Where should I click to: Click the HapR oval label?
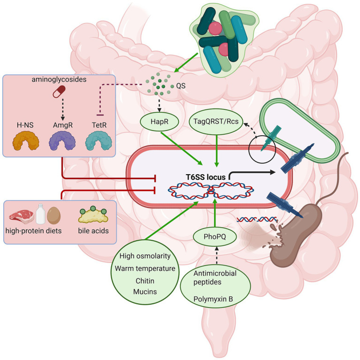159,122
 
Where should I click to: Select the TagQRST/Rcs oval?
216,122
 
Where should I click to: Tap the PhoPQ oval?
214,237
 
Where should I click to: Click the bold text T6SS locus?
206,177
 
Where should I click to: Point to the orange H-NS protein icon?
25,140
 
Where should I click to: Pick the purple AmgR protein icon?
62,140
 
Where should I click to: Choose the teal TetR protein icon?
99,140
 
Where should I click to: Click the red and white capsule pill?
59,92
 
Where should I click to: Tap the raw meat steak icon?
22,216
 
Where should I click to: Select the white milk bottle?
41,214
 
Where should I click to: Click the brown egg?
54,215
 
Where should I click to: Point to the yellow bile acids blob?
93,215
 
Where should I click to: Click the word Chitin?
145,281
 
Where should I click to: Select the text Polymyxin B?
213,299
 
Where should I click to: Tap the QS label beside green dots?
181,86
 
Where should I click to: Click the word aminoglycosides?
59,79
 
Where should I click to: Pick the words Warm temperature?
145,268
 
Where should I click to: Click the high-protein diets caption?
33,231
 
